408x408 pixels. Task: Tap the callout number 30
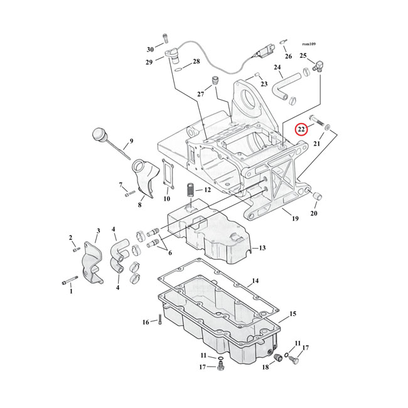(x=150, y=49)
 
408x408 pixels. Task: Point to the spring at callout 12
(x=189, y=190)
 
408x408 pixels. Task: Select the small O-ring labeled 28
(x=179, y=68)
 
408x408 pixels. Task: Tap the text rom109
(x=308, y=44)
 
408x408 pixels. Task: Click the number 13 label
(x=262, y=248)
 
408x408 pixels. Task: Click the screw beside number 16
(x=158, y=319)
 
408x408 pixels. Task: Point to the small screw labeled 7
(x=130, y=193)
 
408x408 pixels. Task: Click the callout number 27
(x=201, y=94)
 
